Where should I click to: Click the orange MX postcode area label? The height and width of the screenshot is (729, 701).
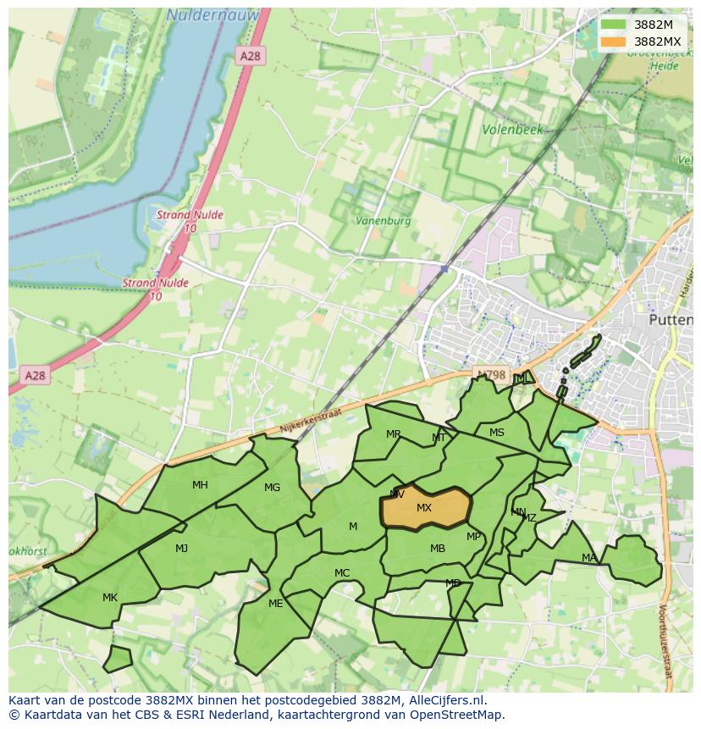coord(424,508)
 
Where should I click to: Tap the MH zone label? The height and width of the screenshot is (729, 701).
coord(200,485)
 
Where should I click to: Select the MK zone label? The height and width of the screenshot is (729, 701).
coord(110,598)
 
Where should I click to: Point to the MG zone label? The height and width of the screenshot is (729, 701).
coord(272,488)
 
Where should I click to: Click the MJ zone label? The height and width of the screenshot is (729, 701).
coord(181,549)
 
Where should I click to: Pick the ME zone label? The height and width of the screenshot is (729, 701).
coord(275,604)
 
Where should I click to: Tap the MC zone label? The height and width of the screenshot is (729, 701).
coord(342,573)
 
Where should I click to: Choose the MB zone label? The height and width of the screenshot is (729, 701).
coord(437,549)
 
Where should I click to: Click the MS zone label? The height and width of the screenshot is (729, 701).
coord(497,433)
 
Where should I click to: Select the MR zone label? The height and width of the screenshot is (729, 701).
coord(394,434)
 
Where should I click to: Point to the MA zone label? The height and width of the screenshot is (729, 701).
coord(589,557)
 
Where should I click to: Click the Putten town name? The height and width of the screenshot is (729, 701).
coord(670,320)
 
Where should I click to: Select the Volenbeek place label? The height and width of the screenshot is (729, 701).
coord(512,130)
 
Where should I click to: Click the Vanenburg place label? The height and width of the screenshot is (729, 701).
coord(383,220)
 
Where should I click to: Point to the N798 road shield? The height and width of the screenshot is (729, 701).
coord(490,374)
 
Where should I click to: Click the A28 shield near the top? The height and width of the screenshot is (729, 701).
coord(251,56)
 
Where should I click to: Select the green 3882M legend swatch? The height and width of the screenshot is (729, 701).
coord(614,25)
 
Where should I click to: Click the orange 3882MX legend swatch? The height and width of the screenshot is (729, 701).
coord(614,41)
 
